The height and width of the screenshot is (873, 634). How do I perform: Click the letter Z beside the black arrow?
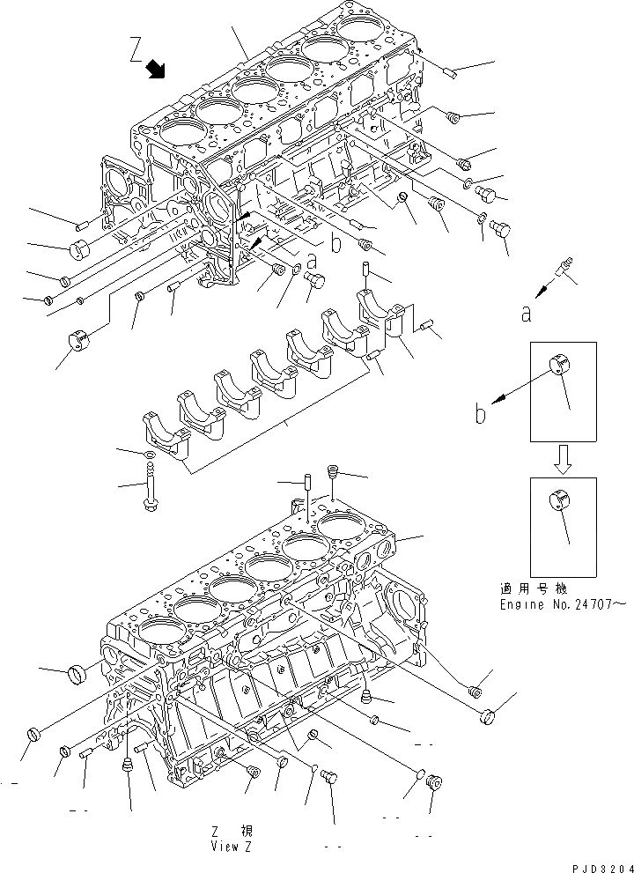[136, 52]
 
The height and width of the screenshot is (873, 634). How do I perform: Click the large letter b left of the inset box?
[481, 413]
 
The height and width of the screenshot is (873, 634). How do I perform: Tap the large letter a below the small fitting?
[526, 313]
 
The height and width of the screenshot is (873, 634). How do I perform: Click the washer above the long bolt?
[150, 454]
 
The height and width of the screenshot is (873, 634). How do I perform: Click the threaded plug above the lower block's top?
[333, 473]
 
